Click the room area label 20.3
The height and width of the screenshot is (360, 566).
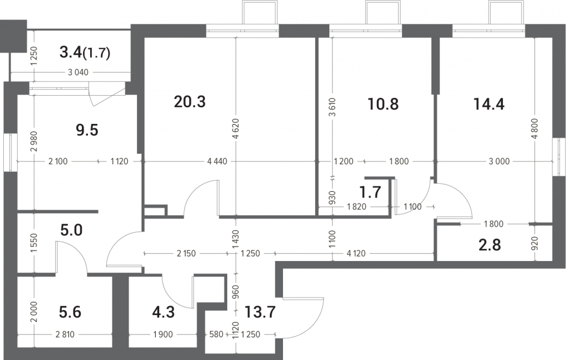coord(190,102)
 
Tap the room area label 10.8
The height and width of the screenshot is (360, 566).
coord(383,104)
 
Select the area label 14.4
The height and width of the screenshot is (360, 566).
coord(489,104)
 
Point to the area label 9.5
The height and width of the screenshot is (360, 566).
coord(87,130)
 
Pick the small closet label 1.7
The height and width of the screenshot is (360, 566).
coord(371,192)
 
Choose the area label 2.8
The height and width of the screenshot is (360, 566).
coord(490,245)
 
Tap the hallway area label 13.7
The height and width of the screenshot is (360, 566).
coord(260,312)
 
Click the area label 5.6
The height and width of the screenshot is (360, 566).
coord(70,312)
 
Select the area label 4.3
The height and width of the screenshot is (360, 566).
coord(164,312)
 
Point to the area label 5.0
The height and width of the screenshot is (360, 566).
coord(71,229)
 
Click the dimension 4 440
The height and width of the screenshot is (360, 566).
coord(217,161)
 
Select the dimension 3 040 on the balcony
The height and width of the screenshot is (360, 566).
coord(78,72)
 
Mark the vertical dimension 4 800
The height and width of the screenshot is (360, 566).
coord(535,128)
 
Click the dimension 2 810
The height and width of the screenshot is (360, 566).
coord(65,335)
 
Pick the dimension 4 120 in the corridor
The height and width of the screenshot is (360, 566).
coord(356,253)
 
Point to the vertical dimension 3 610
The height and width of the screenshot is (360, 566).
coord(332,107)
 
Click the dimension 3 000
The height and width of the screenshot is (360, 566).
coord(499,161)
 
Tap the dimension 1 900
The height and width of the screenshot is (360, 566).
coord(163,335)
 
